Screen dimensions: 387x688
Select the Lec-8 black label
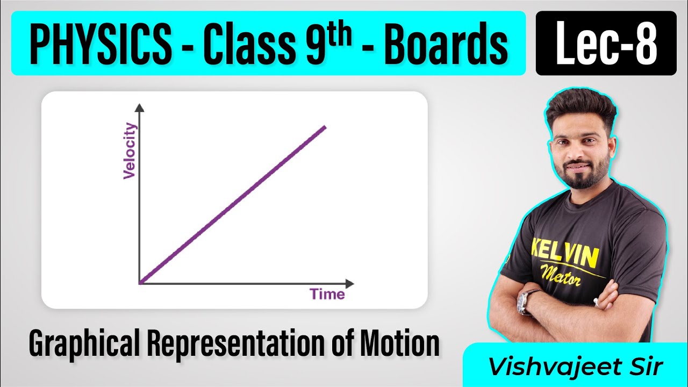coord(606,43)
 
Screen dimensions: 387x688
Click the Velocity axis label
coord(130,151)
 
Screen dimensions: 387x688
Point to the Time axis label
coord(327,294)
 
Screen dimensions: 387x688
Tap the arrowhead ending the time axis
coord(350,283)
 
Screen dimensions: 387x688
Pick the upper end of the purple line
coord(324,127)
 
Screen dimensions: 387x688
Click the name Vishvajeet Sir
coord(575,367)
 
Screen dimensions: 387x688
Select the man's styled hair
coord(580,110)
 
